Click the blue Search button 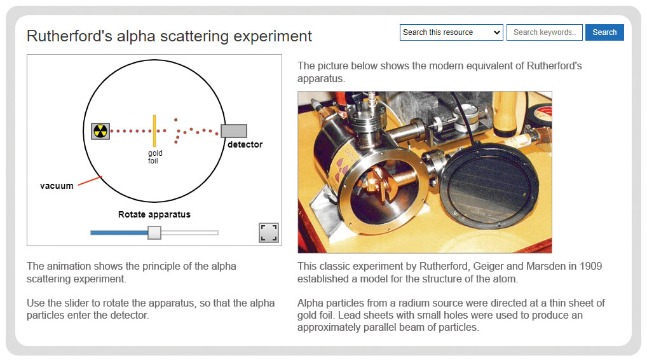tap(604, 32)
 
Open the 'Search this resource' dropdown tap(451, 32)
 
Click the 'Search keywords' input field tap(544, 32)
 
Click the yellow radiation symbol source tap(100, 131)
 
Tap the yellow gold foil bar tap(154, 131)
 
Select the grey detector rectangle tap(234, 131)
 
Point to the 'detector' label tap(245, 144)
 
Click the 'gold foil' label tap(154, 157)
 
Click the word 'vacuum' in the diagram tap(57, 186)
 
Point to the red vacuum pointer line tap(90, 181)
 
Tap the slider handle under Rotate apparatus tap(154, 232)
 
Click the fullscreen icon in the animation tap(269, 232)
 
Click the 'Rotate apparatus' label tap(154, 214)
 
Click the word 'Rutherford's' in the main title tap(69, 36)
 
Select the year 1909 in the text tap(591, 266)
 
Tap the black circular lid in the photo tap(489, 185)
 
